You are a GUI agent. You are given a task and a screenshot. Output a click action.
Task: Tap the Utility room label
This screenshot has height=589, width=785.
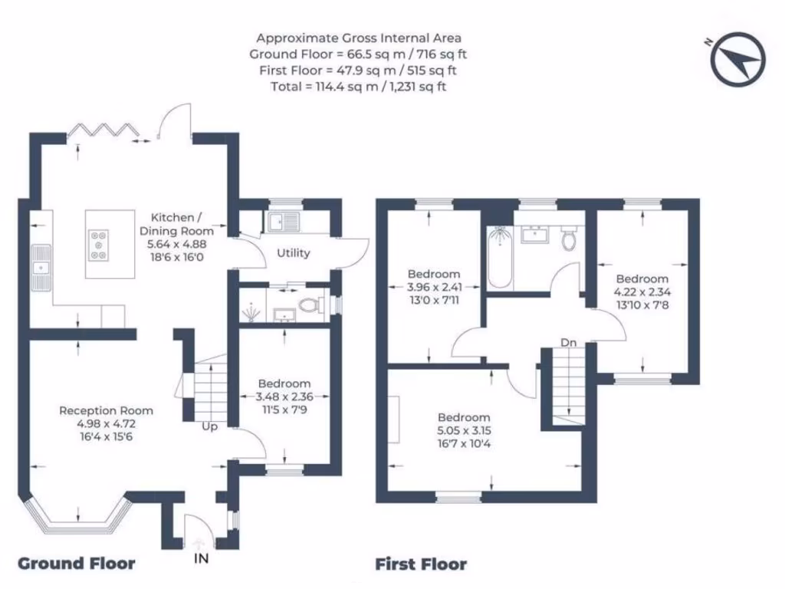293,252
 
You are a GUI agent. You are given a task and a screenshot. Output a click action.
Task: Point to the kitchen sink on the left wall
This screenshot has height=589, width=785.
41,268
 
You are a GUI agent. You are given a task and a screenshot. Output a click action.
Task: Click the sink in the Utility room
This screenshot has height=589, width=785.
283,222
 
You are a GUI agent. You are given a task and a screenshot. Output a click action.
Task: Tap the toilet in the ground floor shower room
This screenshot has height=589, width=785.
309,305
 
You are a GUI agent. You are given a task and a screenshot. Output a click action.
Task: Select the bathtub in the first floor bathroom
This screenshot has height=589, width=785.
500,258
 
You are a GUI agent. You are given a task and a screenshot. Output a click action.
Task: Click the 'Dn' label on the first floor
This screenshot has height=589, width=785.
568,342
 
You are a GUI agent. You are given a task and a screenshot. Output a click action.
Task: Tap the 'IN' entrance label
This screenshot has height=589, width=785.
200,558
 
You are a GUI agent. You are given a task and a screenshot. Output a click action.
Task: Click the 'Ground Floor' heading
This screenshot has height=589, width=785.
76,564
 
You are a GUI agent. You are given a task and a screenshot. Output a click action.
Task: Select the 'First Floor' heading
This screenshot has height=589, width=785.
420,564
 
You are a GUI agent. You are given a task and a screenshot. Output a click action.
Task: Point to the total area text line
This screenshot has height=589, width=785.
358,87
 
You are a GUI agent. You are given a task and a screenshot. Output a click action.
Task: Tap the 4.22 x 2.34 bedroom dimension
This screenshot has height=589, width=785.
641,291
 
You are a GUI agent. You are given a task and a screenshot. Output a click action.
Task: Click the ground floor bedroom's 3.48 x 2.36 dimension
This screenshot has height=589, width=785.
284,397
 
